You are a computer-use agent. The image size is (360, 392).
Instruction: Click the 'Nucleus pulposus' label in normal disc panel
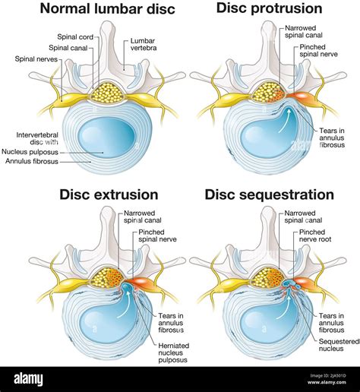[x=43, y=152]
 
